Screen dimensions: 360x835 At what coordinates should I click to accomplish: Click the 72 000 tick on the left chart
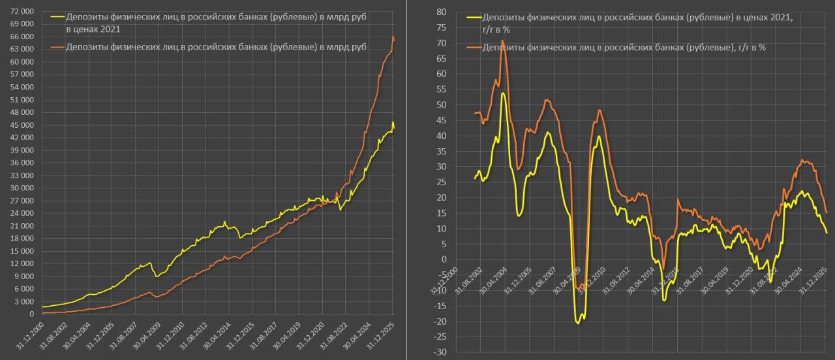22,12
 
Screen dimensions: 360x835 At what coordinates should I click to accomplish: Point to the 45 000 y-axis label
22,125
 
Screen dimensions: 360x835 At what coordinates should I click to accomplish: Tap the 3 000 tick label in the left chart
24,301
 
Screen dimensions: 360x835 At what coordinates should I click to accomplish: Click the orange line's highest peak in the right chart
502,41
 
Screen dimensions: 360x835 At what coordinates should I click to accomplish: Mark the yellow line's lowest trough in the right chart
578,323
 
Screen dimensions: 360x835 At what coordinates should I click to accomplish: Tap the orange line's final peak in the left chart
393,37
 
